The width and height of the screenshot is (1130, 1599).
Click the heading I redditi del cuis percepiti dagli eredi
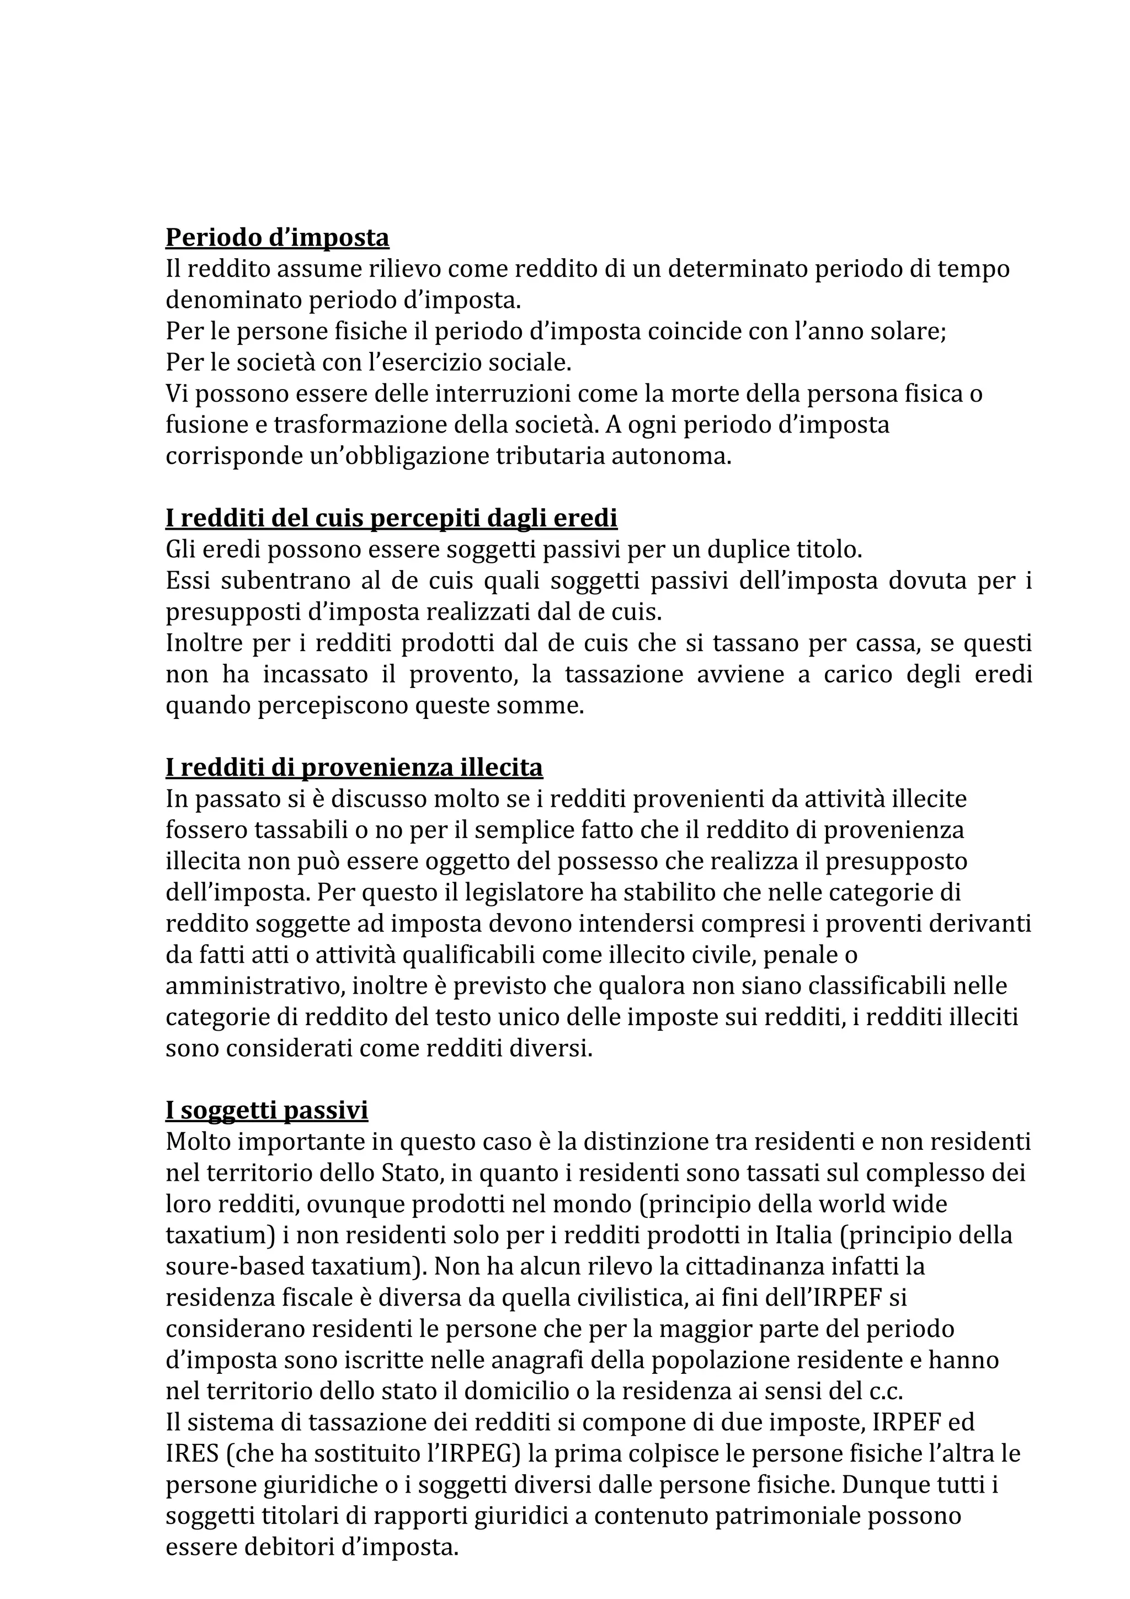pyautogui.click(x=391, y=518)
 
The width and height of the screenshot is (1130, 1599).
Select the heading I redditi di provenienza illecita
pyautogui.click(x=354, y=767)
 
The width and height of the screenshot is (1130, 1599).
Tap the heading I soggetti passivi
pyautogui.click(x=266, y=1110)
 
